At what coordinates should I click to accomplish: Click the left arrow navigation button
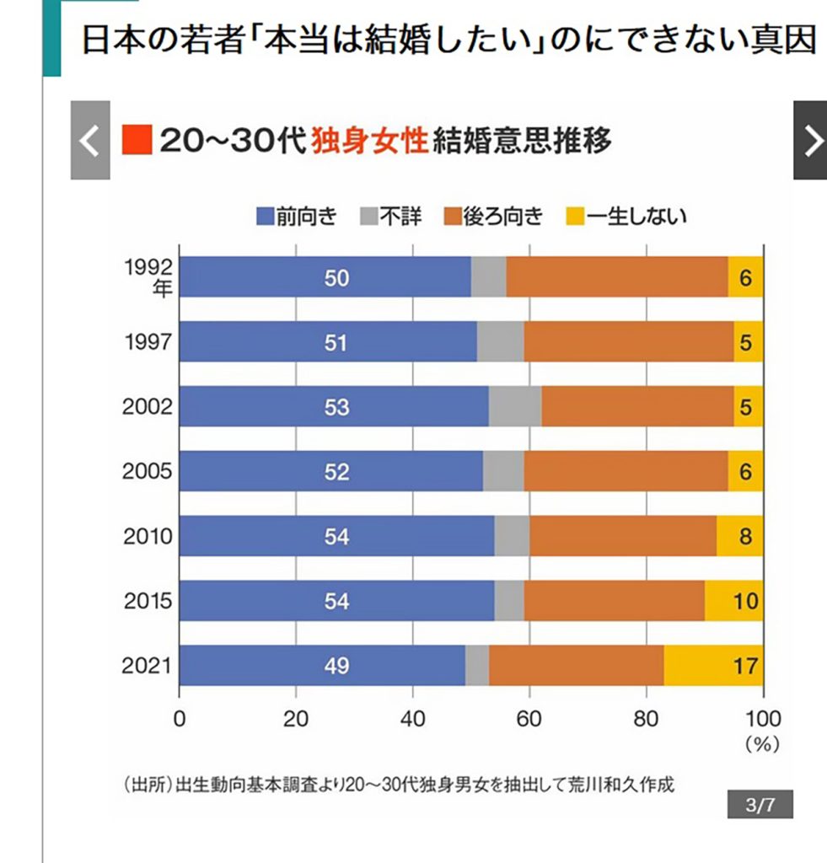click(x=90, y=141)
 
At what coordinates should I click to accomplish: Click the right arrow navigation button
click(x=811, y=141)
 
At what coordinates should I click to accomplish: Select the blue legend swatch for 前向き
click(x=265, y=217)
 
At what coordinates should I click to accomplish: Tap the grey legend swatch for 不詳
click(x=368, y=217)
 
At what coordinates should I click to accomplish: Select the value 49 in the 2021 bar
click(x=336, y=666)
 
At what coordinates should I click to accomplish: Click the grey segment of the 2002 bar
click(x=514, y=407)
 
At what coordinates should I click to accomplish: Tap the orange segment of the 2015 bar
click(x=614, y=601)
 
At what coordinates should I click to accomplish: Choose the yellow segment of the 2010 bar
click(x=739, y=536)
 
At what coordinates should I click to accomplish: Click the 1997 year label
click(x=148, y=342)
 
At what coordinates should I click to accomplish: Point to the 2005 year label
click(x=148, y=472)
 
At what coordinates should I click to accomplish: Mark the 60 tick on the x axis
click(x=529, y=719)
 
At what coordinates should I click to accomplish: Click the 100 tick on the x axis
click(x=762, y=719)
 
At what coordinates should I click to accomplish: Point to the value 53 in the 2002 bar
click(x=336, y=407)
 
